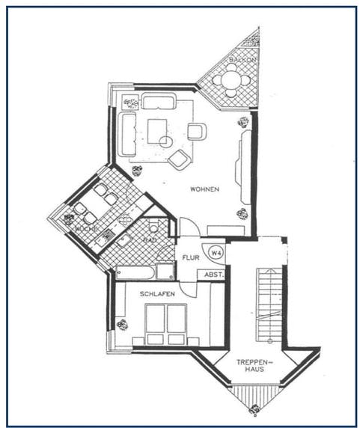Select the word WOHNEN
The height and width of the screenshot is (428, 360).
click(x=204, y=189)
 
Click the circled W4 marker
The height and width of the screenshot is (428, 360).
click(x=216, y=252)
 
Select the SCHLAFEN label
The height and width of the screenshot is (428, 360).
click(x=157, y=294)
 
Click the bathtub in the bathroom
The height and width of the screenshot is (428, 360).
click(x=135, y=271)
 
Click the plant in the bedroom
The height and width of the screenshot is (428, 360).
click(x=122, y=325)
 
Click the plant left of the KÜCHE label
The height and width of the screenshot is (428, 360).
click(x=69, y=220)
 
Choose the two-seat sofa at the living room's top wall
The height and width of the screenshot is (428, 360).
click(x=159, y=103)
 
